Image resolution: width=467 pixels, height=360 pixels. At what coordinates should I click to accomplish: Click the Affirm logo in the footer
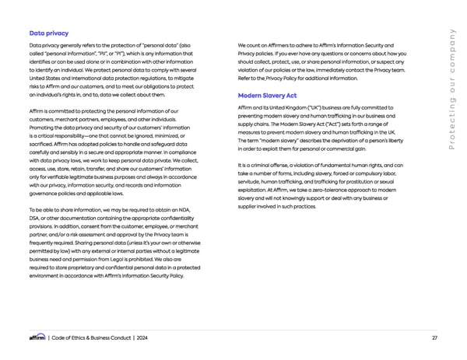37,337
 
